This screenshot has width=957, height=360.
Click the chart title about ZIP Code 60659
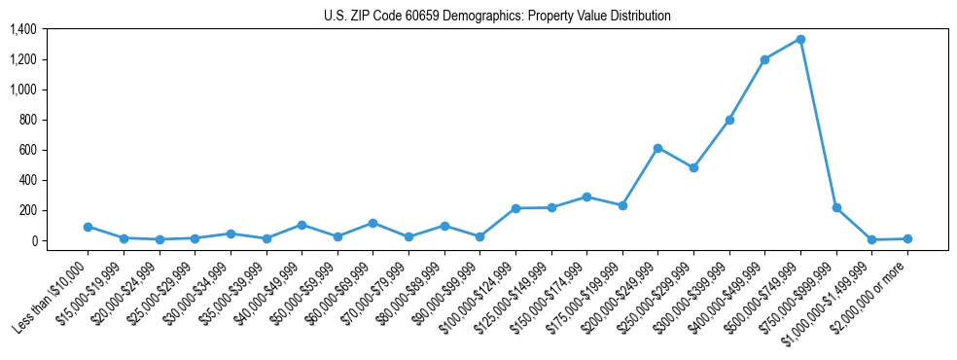click(497, 16)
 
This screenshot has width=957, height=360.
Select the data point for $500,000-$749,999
click(800, 39)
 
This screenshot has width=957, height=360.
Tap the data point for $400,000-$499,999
click(764, 59)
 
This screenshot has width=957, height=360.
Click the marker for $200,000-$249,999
click(657, 148)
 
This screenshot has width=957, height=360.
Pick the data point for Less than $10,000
click(88, 227)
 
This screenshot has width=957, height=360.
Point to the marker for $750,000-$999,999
click(836, 208)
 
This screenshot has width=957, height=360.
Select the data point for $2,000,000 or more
click(907, 238)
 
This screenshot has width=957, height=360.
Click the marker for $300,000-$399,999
click(729, 120)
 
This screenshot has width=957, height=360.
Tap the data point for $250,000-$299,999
click(693, 167)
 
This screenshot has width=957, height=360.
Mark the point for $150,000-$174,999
click(586, 197)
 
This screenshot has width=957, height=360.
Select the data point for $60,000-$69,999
click(372, 223)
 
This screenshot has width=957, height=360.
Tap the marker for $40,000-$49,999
click(301, 225)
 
